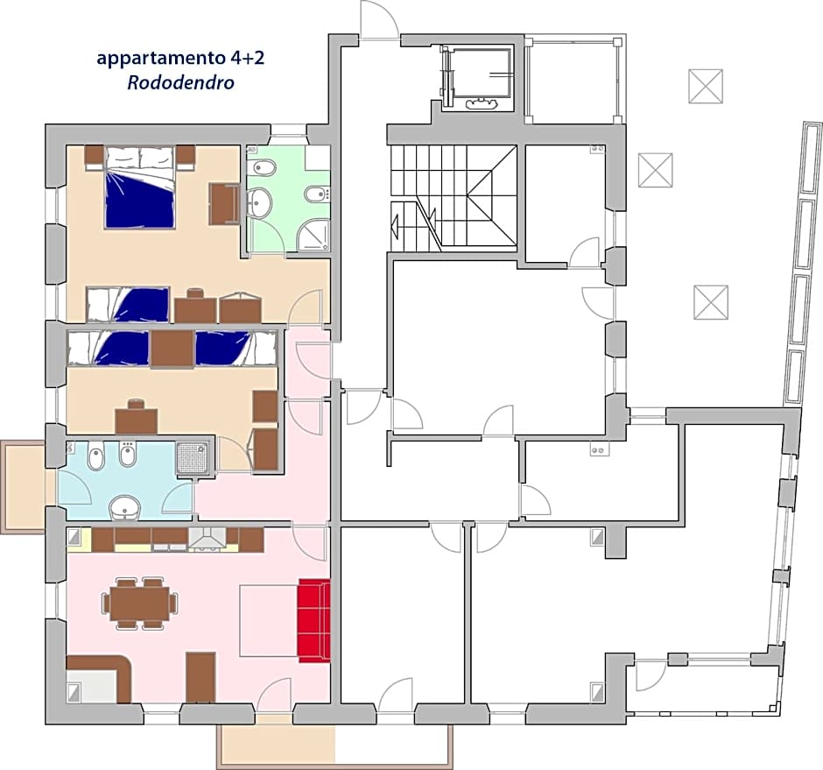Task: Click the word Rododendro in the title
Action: point(180,83)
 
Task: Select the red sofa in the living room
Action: point(313,619)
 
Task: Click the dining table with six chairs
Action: point(140,603)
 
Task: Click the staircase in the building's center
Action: point(453,198)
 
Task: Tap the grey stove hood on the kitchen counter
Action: point(208,539)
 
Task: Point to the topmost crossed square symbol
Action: point(706,86)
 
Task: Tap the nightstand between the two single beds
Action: point(172,349)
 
